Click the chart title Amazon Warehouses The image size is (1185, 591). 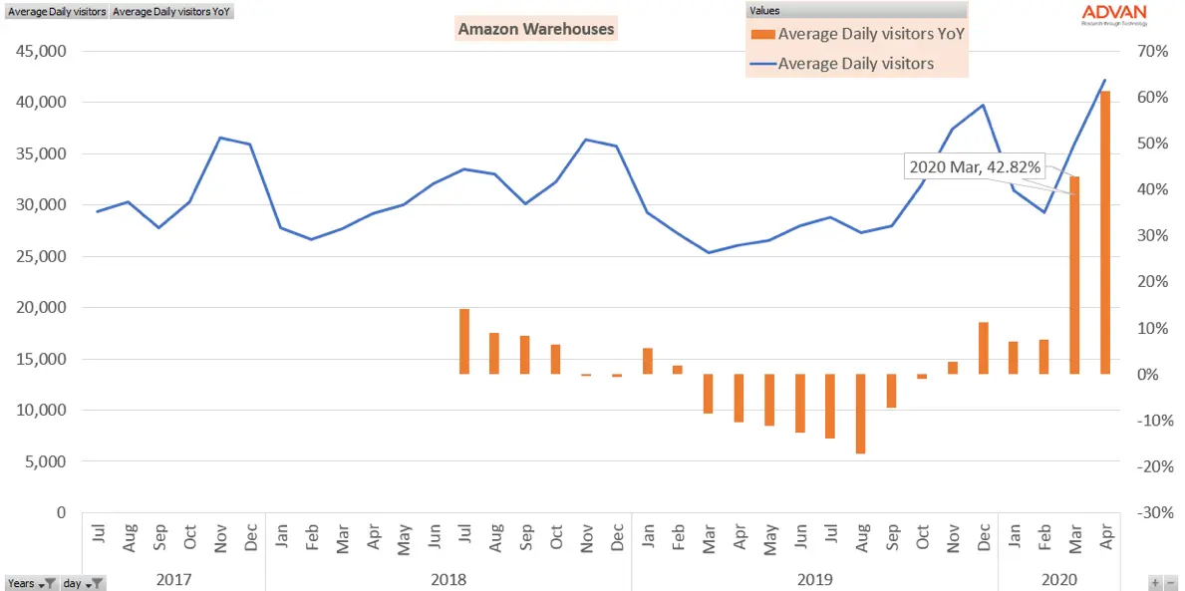tap(536, 29)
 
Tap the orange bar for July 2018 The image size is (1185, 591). tap(464, 341)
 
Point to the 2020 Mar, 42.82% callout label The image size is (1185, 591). tap(975, 166)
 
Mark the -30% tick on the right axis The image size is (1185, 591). tap(1148, 512)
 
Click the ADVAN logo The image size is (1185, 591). tap(1114, 14)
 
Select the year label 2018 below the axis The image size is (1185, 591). tap(448, 578)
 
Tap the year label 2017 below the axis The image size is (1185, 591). tap(173, 578)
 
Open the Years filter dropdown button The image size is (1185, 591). tap(49, 584)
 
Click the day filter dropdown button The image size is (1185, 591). tap(97, 584)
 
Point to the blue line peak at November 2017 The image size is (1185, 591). tap(220, 138)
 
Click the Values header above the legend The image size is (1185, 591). tap(765, 10)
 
